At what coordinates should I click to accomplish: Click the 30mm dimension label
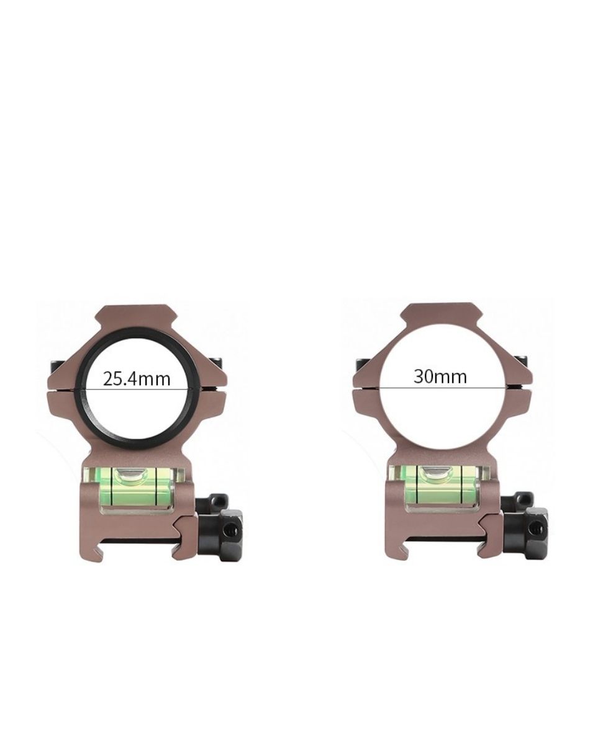(x=440, y=377)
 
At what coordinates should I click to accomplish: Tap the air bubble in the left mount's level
(x=132, y=476)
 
